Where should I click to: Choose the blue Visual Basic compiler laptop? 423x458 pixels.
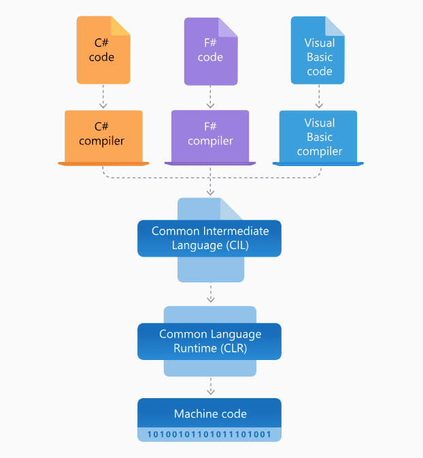[x=318, y=136]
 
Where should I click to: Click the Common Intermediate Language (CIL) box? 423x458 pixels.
[x=209, y=238]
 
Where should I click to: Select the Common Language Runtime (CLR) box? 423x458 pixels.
[x=209, y=342]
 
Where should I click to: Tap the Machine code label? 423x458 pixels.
[x=209, y=414]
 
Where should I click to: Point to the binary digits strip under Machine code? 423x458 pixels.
[x=209, y=434]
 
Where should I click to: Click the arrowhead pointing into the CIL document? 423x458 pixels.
[x=210, y=193]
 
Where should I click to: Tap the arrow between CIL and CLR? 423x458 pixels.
[x=210, y=293]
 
